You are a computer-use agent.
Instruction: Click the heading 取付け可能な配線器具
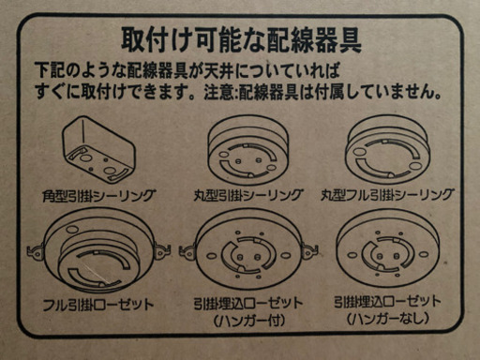pos(241,40)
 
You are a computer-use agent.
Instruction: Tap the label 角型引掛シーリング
pos(98,196)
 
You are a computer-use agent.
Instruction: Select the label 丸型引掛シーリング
pos(248,195)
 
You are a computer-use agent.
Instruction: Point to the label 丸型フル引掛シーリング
pos(387,195)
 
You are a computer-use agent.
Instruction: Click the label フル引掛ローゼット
pos(98,304)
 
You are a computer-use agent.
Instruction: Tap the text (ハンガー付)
pos(249,321)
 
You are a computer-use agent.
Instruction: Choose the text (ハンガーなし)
pos(387,319)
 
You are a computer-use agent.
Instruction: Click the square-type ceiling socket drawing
pos(98,150)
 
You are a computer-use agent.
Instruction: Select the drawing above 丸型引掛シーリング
pos(248,150)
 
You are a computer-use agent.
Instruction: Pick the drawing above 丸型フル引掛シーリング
pos(387,149)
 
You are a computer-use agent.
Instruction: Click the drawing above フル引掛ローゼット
pos(98,250)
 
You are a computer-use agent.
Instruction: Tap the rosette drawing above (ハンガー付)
pos(248,249)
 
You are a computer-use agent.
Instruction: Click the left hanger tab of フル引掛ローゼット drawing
pos(36,251)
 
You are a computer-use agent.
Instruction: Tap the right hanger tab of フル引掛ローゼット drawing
pos(162,251)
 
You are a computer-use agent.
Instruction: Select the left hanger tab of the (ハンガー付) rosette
pos(187,251)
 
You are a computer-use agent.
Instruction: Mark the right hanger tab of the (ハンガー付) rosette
pos(310,250)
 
